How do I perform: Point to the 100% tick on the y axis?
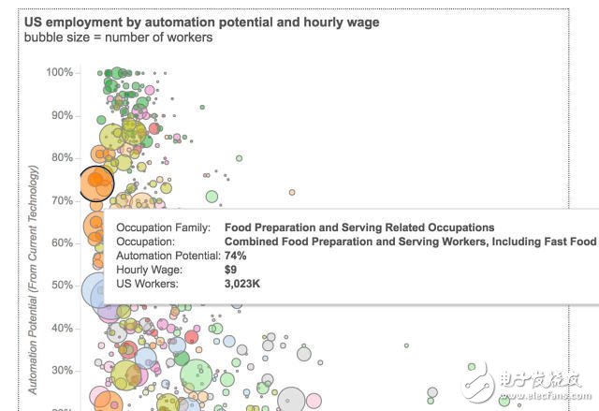click(x=60, y=73)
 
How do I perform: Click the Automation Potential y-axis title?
click(x=34, y=279)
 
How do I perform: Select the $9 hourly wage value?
click(x=231, y=270)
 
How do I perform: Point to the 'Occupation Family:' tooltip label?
click(x=164, y=228)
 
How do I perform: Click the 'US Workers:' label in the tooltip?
click(x=147, y=284)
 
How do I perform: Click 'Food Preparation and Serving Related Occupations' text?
click(x=359, y=228)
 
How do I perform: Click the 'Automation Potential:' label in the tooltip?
click(x=167, y=256)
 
